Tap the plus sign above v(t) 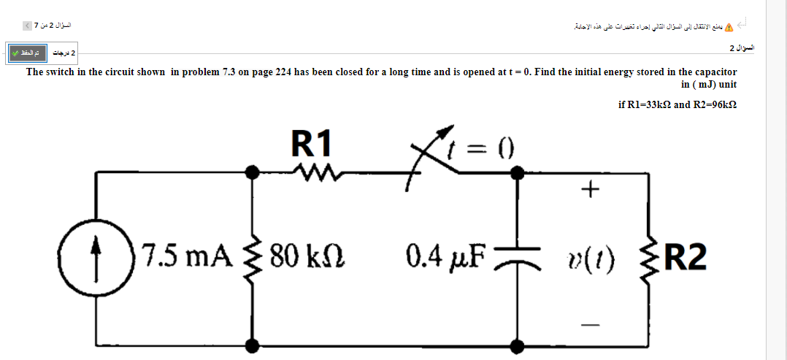[x=591, y=191]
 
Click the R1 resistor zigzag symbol [x=313, y=173]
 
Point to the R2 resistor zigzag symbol [x=647, y=257]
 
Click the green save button [x=27, y=53]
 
